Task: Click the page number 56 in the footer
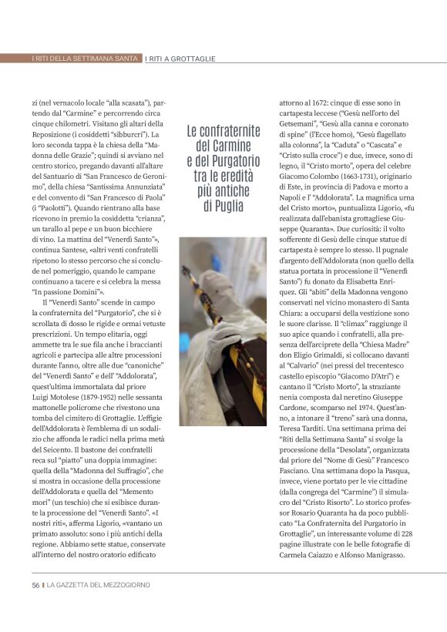point(35,585)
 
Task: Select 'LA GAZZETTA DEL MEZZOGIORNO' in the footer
point(99,585)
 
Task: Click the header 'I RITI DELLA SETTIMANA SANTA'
point(85,59)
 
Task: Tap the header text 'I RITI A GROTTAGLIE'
point(180,59)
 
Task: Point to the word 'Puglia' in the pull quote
point(223,207)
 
